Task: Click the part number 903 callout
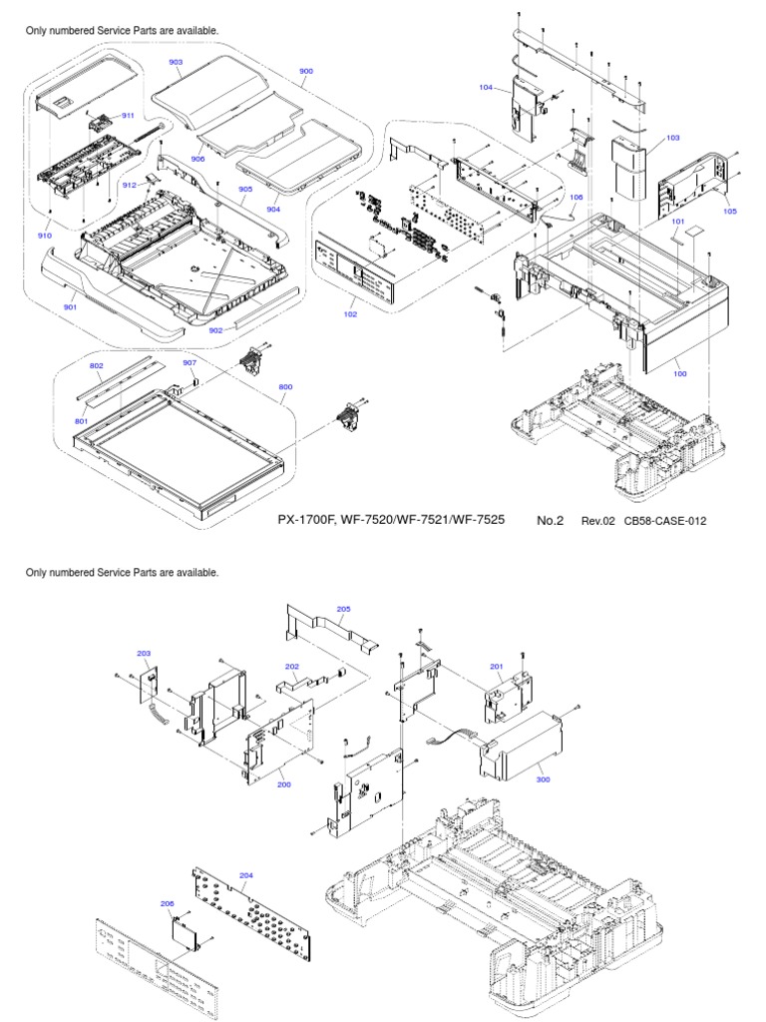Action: tap(176, 62)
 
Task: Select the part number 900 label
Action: tap(306, 71)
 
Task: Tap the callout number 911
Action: tap(128, 116)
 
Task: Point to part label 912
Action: tap(129, 186)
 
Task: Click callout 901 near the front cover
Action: tap(70, 306)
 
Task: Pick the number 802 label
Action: tap(97, 366)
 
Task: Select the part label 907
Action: tap(190, 362)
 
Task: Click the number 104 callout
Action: tap(486, 88)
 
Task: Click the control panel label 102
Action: tap(350, 313)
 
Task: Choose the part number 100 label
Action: tap(680, 373)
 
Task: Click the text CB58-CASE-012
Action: tap(665, 521)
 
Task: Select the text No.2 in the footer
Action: tap(551, 520)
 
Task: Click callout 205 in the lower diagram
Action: tap(343, 609)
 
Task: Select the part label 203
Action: tap(144, 653)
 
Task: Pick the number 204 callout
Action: tap(246, 875)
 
